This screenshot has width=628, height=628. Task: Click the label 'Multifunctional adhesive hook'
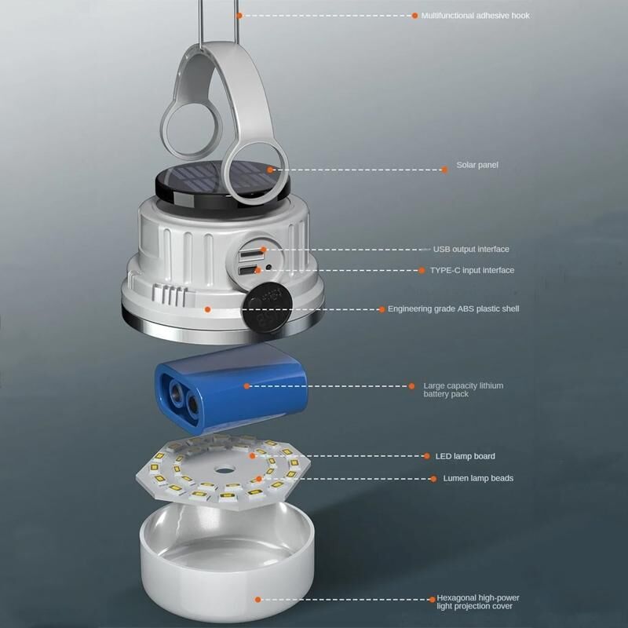pos(476,16)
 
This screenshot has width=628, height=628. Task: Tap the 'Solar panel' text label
pos(477,165)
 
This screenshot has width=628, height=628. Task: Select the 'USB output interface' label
pos(471,249)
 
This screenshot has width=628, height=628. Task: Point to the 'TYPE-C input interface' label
pos(473,270)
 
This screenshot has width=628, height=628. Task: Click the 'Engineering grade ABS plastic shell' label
pos(454,309)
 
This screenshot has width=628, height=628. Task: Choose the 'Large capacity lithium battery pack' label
pos(463,389)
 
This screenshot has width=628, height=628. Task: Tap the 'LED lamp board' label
pos(465,456)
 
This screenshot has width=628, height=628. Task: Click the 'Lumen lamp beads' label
pos(478,478)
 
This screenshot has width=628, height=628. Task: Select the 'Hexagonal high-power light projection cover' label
pos(477,602)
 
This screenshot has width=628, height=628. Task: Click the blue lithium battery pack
pos(231,388)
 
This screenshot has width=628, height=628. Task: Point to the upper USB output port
pos(246,254)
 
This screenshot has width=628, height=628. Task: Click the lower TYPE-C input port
pos(246,271)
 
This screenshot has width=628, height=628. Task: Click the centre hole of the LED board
pos(224,469)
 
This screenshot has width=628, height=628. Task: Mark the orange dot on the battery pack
pos(246,386)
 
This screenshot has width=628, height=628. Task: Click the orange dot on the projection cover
pos(258,600)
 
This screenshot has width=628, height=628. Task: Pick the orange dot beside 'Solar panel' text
pos(444,170)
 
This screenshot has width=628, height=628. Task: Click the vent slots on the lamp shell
pos(170,296)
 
